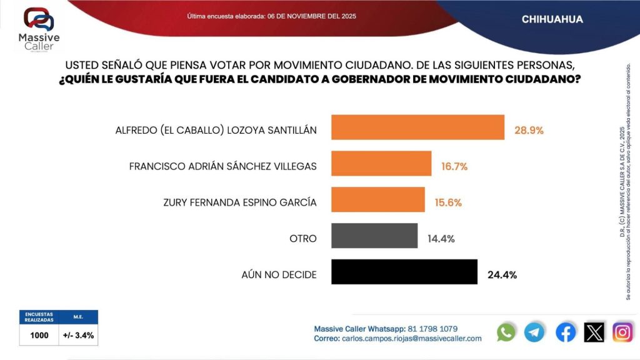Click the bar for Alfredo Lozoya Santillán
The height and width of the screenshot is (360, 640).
(x=417, y=127)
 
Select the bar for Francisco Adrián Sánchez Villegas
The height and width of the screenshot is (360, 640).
(x=381, y=163)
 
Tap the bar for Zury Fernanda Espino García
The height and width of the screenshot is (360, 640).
(x=377, y=200)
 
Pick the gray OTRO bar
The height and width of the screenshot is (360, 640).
(x=374, y=236)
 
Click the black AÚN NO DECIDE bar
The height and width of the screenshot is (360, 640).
(x=404, y=272)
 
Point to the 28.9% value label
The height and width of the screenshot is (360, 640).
(x=528, y=131)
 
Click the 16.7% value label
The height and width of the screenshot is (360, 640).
(x=454, y=166)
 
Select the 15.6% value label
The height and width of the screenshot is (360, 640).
(x=448, y=202)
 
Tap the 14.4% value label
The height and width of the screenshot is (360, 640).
(x=441, y=239)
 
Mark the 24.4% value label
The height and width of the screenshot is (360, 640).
(x=501, y=274)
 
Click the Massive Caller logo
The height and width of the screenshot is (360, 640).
(x=38, y=29)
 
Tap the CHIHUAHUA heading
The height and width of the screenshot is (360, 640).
(x=552, y=19)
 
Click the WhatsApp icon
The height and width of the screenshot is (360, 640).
(x=506, y=332)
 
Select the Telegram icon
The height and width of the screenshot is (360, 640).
(x=534, y=332)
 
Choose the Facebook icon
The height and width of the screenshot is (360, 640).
(x=566, y=332)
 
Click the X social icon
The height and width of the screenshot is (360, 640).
(x=594, y=332)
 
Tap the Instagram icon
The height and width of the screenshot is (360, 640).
(x=622, y=332)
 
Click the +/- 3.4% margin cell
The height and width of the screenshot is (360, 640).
(x=79, y=336)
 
